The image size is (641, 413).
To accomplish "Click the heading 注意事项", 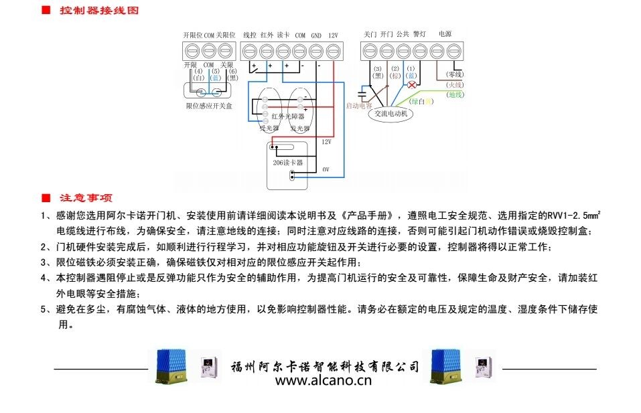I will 86,198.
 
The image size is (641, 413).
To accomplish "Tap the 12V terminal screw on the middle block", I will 334,51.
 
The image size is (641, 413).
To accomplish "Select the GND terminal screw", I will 316,51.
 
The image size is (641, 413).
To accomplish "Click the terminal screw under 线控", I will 249,51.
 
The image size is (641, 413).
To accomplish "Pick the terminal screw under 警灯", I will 420,51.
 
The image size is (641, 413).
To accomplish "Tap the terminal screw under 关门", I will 370,51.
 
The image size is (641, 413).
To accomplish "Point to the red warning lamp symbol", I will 412,85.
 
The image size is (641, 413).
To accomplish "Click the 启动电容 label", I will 358,106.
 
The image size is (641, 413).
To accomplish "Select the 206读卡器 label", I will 288,163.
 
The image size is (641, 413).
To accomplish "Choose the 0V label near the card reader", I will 326,170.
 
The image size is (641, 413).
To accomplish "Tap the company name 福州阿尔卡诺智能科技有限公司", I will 325,367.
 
